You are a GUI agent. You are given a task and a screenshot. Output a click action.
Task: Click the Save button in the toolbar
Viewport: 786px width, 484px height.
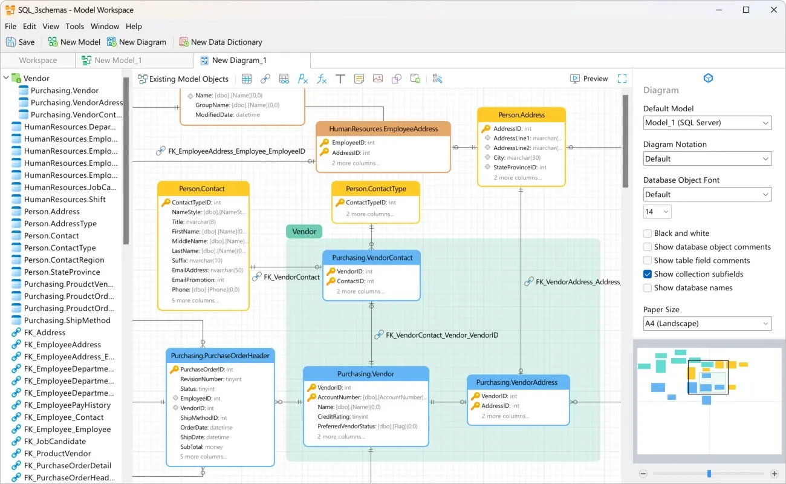[x=20, y=42]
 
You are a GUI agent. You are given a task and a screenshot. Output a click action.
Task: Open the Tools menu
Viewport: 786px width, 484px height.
[x=74, y=26]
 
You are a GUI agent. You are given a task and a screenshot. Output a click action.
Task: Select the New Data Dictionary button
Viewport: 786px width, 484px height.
[x=221, y=42]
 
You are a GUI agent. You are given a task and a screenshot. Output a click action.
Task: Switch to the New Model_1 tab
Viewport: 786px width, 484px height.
[x=117, y=60]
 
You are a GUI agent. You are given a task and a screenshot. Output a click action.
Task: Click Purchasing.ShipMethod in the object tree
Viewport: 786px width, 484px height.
[x=67, y=320]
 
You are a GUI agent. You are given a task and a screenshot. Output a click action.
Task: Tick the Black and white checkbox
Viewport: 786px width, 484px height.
[x=648, y=233]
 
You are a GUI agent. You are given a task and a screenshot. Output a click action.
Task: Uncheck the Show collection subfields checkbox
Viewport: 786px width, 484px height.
[x=648, y=274]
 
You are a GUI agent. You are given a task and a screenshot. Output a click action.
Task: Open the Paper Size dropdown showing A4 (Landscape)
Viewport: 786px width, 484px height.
[x=707, y=324]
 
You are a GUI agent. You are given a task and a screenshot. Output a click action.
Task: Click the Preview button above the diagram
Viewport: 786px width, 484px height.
[x=589, y=79]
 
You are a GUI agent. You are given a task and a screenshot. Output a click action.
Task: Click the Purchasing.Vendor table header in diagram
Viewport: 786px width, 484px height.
[x=366, y=374]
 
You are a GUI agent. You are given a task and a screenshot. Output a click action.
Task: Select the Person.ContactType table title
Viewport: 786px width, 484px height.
[x=375, y=189]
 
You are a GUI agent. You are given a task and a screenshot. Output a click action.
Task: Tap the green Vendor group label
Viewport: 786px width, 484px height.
[x=304, y=231]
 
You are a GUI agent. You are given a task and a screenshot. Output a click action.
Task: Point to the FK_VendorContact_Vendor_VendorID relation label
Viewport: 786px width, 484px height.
[x=441, y=335]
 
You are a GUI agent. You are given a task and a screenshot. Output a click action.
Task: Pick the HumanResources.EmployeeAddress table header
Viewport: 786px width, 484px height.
[x=383, y=129]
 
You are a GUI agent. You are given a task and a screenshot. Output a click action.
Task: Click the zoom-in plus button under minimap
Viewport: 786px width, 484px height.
[x=775, y=474]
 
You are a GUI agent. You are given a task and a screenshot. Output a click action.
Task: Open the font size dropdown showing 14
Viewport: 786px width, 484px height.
[x=657, y=212]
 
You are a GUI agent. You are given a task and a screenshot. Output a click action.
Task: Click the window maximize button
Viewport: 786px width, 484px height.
[x=746, y=10]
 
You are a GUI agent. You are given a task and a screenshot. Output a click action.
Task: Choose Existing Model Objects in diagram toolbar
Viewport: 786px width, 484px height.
[x=183, y=79]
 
